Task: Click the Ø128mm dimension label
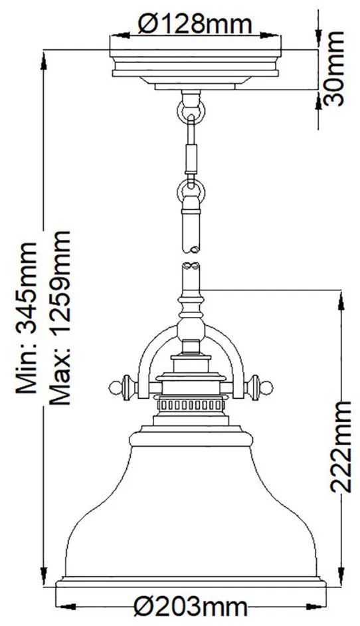click(x=195, y=25)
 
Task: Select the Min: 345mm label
click(x=27, y=318)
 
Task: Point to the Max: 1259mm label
click(x=60, y=318)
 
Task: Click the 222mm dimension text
click(x=341, y=447)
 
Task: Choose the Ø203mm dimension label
click(x=191, y=607)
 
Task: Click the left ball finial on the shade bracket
click(x=114, y=387)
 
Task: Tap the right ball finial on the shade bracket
click(x=267, y=387)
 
